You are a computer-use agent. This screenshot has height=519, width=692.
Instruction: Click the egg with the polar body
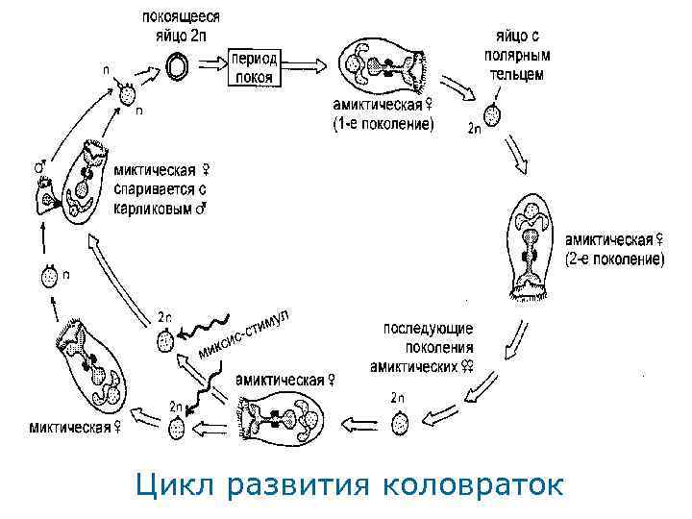pyautogui.click(x=492, y=115)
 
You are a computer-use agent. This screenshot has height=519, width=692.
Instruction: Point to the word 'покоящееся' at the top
pyautogui.click(x=182, y=16)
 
